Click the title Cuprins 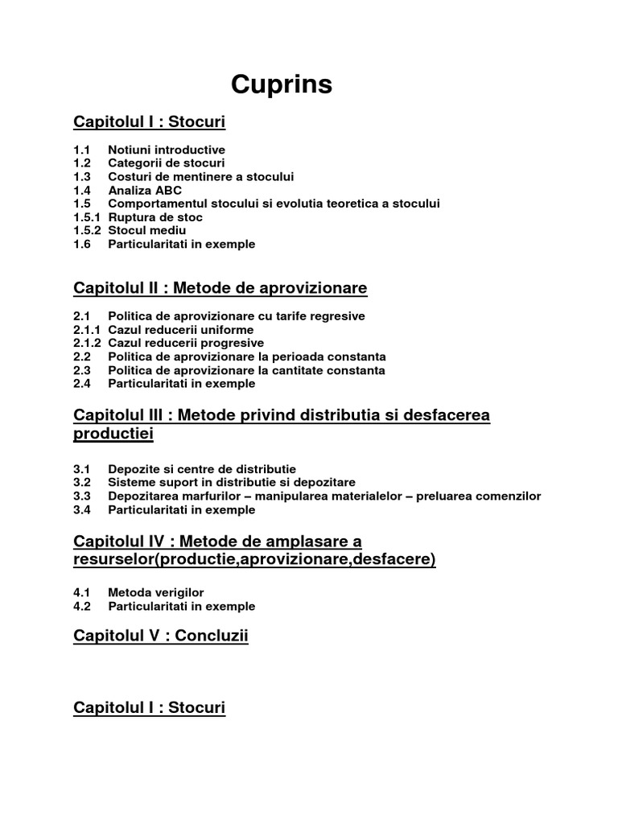tap(282, 84)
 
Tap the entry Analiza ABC tap(145, 191)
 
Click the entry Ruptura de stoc tap(155, 217)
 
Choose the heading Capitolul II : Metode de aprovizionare tap(220, 288)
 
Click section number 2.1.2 tap(87, 343)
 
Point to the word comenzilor tap(507, 496)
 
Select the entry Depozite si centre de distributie tap(202, 469)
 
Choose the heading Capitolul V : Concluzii tap(161, 637)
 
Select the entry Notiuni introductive tap(167, 150)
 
